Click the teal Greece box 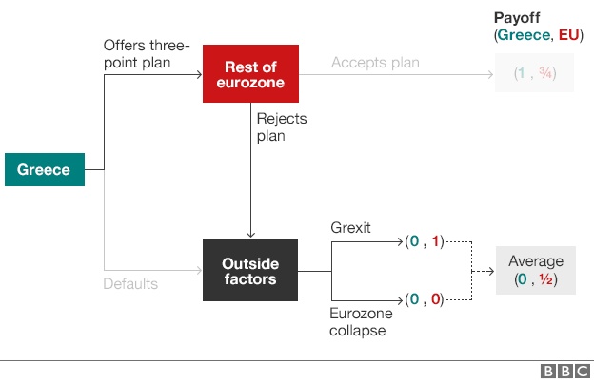44,170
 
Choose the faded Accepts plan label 375,63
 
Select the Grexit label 350,228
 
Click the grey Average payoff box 535,271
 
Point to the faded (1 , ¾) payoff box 534,73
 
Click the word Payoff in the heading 516,18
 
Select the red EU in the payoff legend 568,34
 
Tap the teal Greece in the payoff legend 523,34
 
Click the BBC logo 565,372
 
